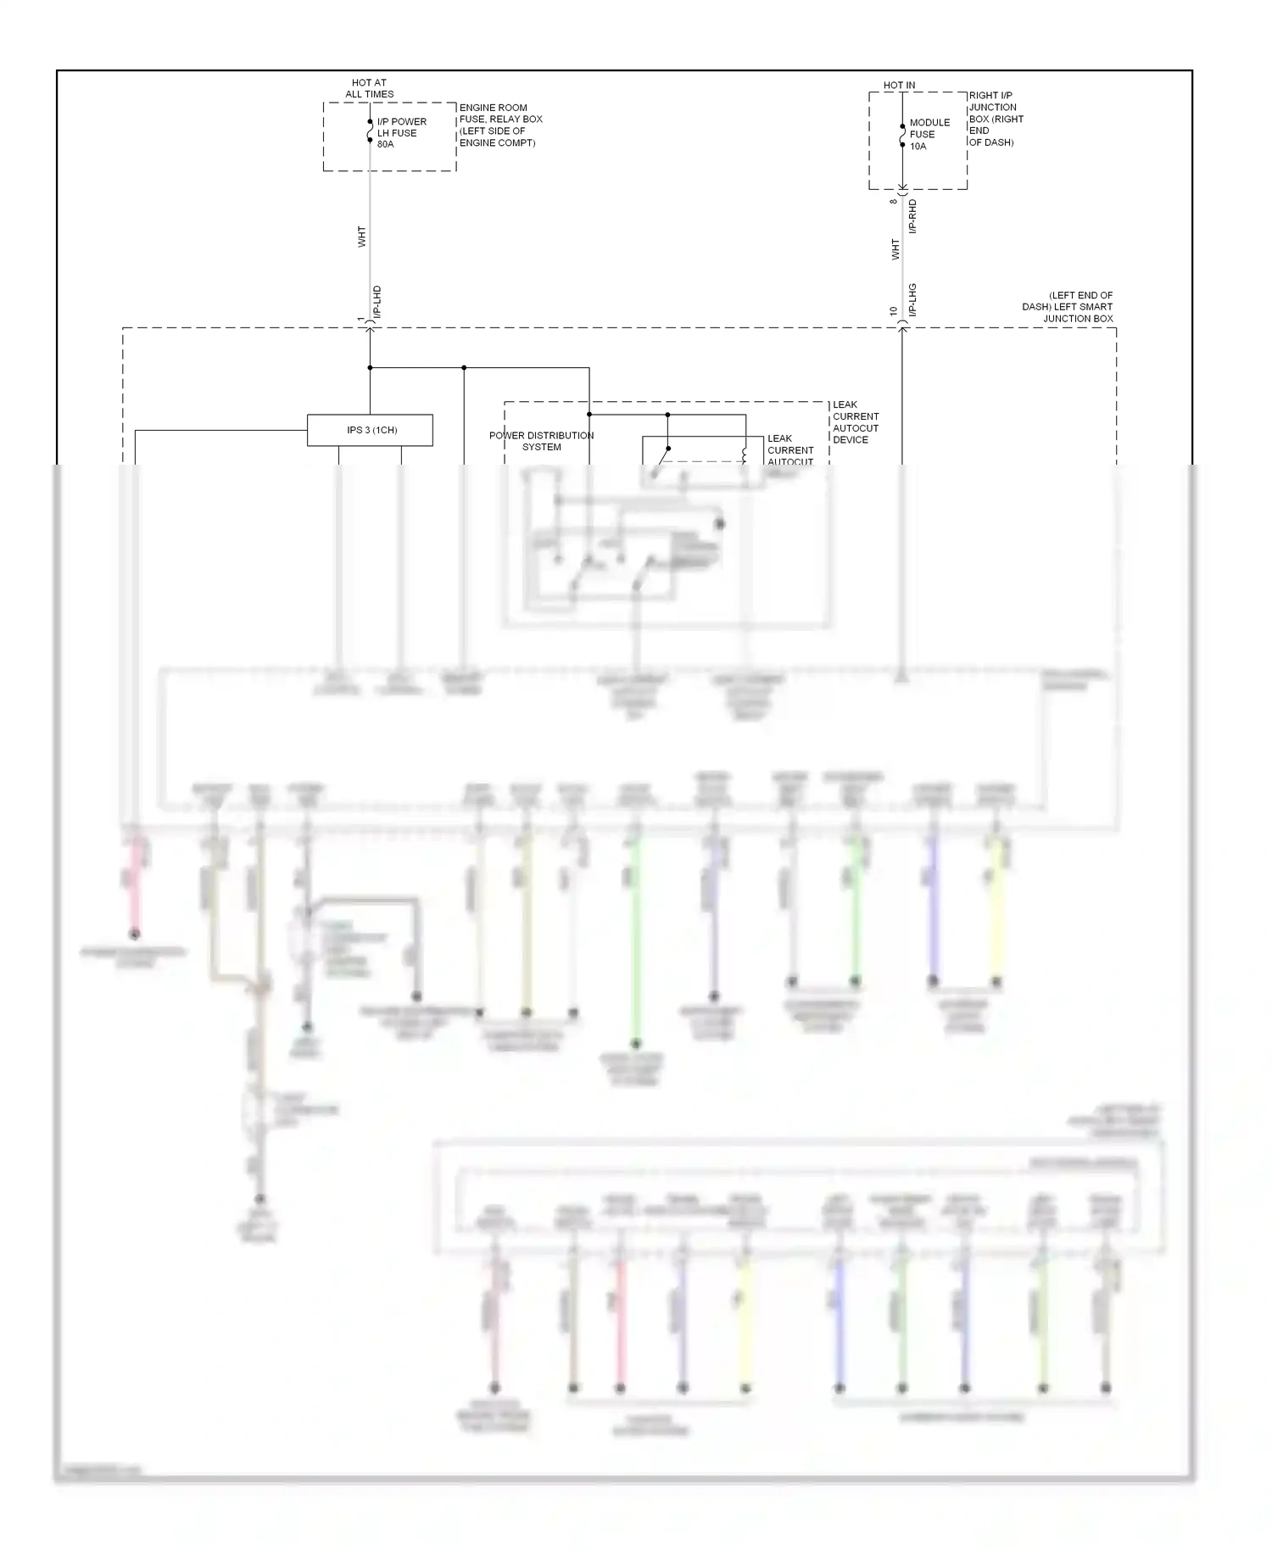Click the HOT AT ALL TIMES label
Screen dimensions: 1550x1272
369,89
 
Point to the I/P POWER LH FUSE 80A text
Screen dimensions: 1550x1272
401,133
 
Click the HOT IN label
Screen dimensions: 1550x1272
899,86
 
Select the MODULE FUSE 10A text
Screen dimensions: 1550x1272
929,134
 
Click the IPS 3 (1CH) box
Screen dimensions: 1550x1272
370,430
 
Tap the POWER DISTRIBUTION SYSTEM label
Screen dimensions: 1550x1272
541,441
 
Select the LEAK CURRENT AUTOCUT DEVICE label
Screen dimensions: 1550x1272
856,422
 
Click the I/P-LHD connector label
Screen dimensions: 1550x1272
377,302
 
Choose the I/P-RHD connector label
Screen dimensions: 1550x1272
912,216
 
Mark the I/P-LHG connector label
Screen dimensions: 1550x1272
912,300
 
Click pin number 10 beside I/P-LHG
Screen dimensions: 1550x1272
894,311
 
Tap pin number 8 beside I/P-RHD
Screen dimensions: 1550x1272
894,202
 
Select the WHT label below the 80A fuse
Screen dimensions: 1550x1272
362,237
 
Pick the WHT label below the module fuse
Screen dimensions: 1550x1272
895,249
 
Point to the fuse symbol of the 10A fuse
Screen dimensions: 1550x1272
902,136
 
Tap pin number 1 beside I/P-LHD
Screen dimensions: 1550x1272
361,319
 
